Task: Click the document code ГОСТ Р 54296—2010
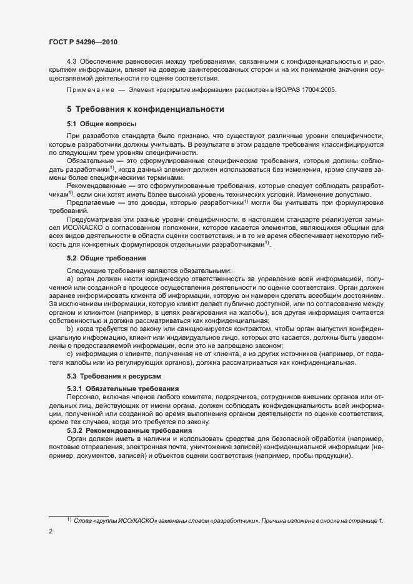click(83, 42)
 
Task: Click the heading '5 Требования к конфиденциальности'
click(145, 109)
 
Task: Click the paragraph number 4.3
click(71, 61)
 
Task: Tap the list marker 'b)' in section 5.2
click(69, 329)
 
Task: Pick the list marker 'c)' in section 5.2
click(69, 354)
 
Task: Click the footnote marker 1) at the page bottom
click(69, 519)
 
